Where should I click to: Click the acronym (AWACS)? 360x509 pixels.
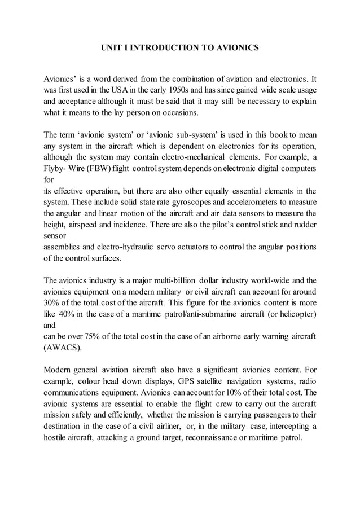click(x=62, y=348)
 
